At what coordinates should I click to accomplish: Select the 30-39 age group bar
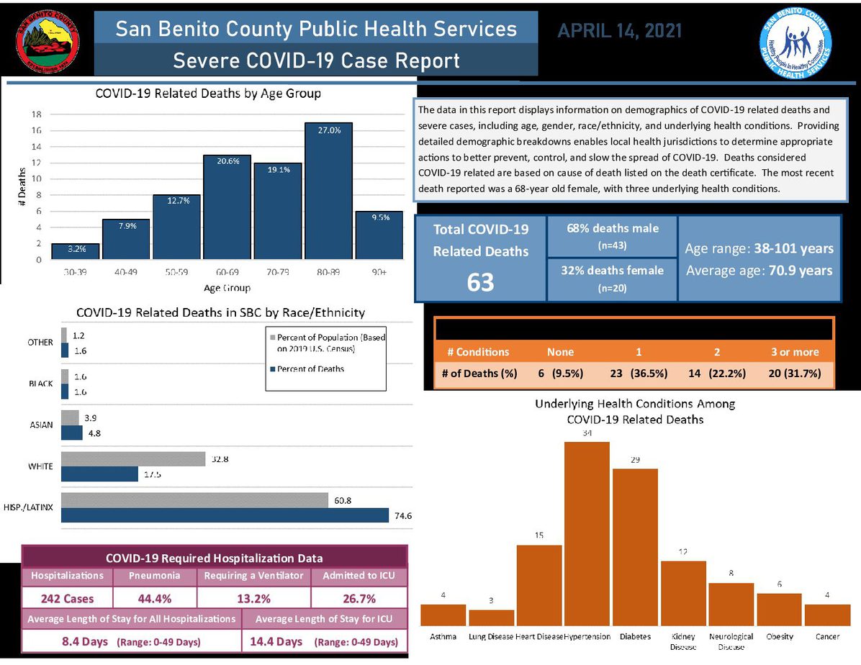coord(76,251)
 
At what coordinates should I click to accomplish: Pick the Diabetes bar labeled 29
coord(635,547)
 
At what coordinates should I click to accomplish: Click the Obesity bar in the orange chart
coord(779,609)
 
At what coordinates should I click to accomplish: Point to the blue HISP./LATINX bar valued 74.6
coord(225,515)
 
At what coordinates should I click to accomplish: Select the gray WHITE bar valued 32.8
coord(134,459)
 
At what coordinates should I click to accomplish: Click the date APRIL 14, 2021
coord(620,31)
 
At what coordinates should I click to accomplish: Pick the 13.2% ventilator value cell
coord(253,598)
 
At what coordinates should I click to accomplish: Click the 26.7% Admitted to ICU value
coord(359,598)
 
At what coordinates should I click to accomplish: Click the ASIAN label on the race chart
coord(41,425)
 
